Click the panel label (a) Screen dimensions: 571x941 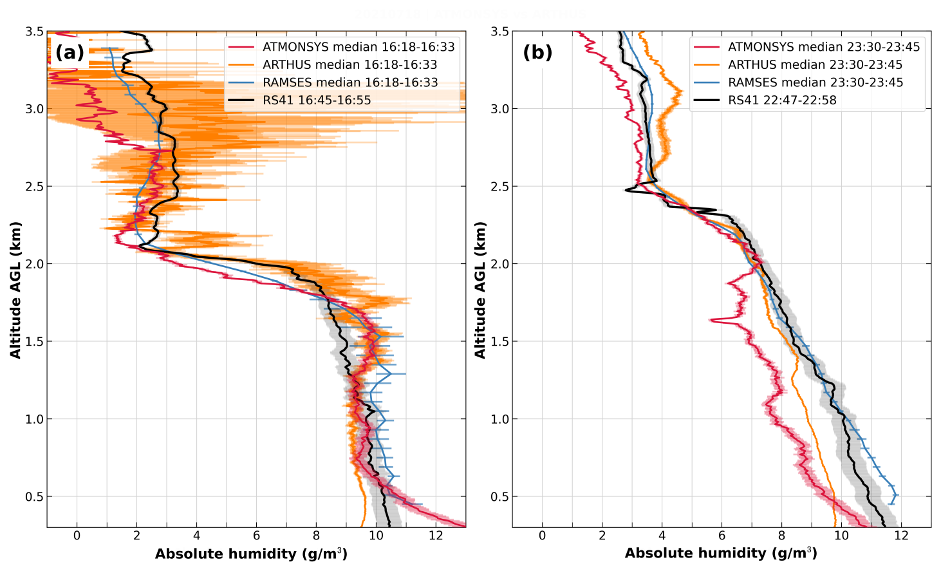point(70,52)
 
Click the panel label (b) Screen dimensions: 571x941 point(537,52)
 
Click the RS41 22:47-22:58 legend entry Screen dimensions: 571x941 point(782,100)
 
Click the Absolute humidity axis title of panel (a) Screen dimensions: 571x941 point(251,554)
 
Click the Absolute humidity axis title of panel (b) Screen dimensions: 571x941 point(721,554)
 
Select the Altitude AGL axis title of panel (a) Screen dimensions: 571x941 point(16,290)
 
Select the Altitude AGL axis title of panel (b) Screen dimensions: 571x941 point(480,290)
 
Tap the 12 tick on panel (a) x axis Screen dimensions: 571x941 point(436,536)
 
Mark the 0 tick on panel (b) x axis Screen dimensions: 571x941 point(542,536)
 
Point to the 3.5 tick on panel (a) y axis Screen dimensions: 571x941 point(34,32)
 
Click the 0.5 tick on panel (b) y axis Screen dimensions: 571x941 point(499,497)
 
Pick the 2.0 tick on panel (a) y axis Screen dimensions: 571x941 point(34,264)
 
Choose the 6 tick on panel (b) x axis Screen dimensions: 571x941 point(722,536)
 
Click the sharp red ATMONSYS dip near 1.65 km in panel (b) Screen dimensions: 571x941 point(712,319)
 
